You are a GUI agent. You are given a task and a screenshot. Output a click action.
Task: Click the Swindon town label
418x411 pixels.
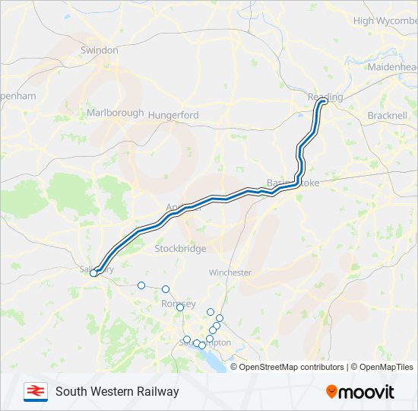coord(100,50)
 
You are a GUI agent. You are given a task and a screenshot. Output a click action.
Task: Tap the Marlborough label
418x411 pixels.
coord(115,113)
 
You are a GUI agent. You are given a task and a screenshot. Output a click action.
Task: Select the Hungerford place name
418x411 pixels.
coord(173,115)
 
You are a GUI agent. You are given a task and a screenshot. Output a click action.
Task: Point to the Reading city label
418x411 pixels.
coord(325,97)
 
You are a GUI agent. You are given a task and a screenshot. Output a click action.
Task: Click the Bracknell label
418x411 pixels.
coord(387,115)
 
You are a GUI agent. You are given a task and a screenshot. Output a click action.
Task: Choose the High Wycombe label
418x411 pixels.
coord(385,21)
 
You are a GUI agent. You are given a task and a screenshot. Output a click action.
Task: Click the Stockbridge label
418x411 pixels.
coord(180,249)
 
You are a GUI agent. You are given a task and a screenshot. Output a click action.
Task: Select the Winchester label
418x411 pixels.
coord(230,272)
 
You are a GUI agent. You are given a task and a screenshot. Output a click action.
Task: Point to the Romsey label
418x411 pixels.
coord(179,304)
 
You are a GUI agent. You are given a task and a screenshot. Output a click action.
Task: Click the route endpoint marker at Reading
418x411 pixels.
coord(322,101)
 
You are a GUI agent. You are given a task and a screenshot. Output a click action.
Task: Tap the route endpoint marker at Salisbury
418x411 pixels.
coord(94,273)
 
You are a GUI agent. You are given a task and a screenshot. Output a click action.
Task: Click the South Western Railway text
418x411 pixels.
coord(117,392)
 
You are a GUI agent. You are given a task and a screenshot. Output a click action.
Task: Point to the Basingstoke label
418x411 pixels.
coord(293,183)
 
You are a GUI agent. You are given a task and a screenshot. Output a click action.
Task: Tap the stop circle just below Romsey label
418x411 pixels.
coord(180,307)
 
